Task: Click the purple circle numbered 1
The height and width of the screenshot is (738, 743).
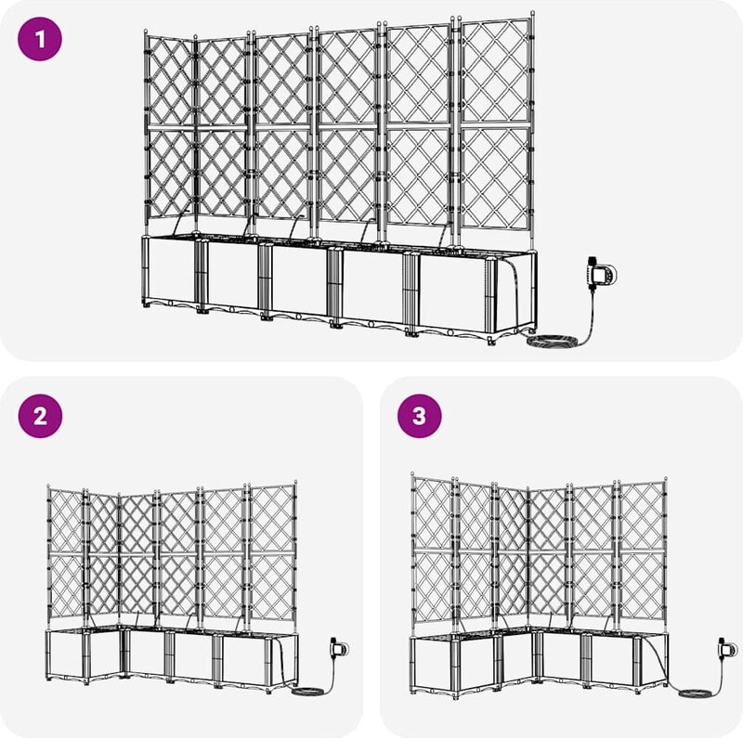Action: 40,39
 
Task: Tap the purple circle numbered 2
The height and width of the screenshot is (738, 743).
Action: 40,416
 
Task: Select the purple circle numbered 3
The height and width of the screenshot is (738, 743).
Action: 420,416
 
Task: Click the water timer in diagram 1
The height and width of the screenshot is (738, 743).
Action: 601,275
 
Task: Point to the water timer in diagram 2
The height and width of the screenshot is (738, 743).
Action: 339,648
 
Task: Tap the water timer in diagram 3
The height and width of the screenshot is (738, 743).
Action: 727,648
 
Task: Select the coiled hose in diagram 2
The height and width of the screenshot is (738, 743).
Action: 306,692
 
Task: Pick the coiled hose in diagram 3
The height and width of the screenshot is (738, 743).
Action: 696,693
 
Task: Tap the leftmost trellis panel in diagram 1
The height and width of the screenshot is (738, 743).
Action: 170,127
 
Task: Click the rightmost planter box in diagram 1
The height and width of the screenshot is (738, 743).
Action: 474,293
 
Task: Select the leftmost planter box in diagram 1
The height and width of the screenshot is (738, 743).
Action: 172,272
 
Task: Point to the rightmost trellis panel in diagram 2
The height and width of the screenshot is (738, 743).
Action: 271,553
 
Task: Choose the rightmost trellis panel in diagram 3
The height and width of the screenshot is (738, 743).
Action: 641,551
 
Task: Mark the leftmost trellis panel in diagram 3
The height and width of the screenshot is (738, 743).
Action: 432,551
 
